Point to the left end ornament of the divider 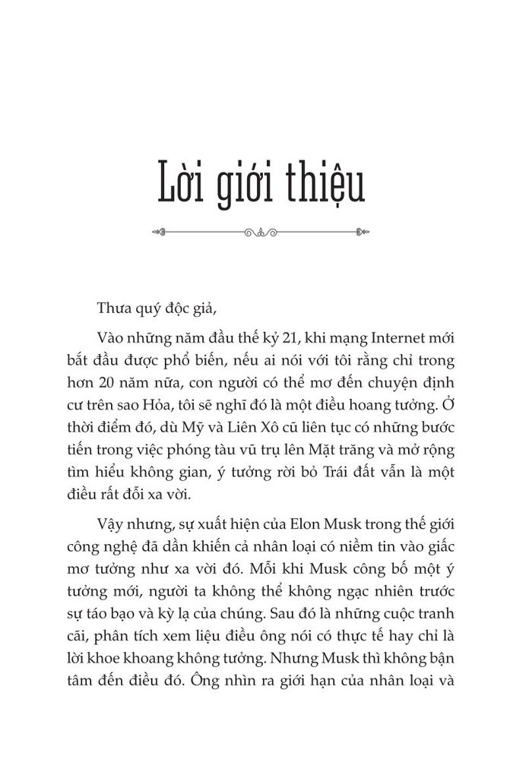point(157,232)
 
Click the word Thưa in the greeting point(112,308)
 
